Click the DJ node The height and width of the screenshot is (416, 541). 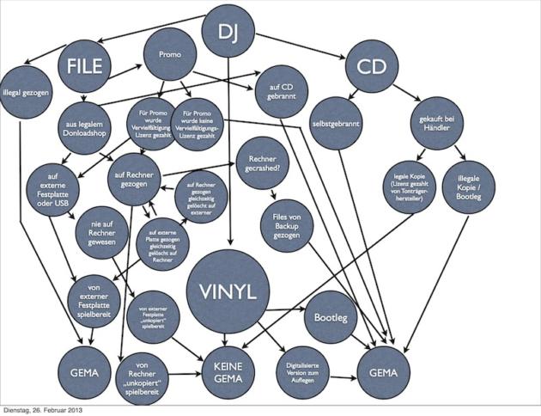tap(227, 33)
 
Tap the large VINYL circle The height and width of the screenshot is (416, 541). tap(228, 291)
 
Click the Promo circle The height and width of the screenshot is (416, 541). tap(169, 54)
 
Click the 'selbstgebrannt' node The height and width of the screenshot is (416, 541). tap(336, 123)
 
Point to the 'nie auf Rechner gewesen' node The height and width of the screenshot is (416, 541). tap(101, 231)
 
